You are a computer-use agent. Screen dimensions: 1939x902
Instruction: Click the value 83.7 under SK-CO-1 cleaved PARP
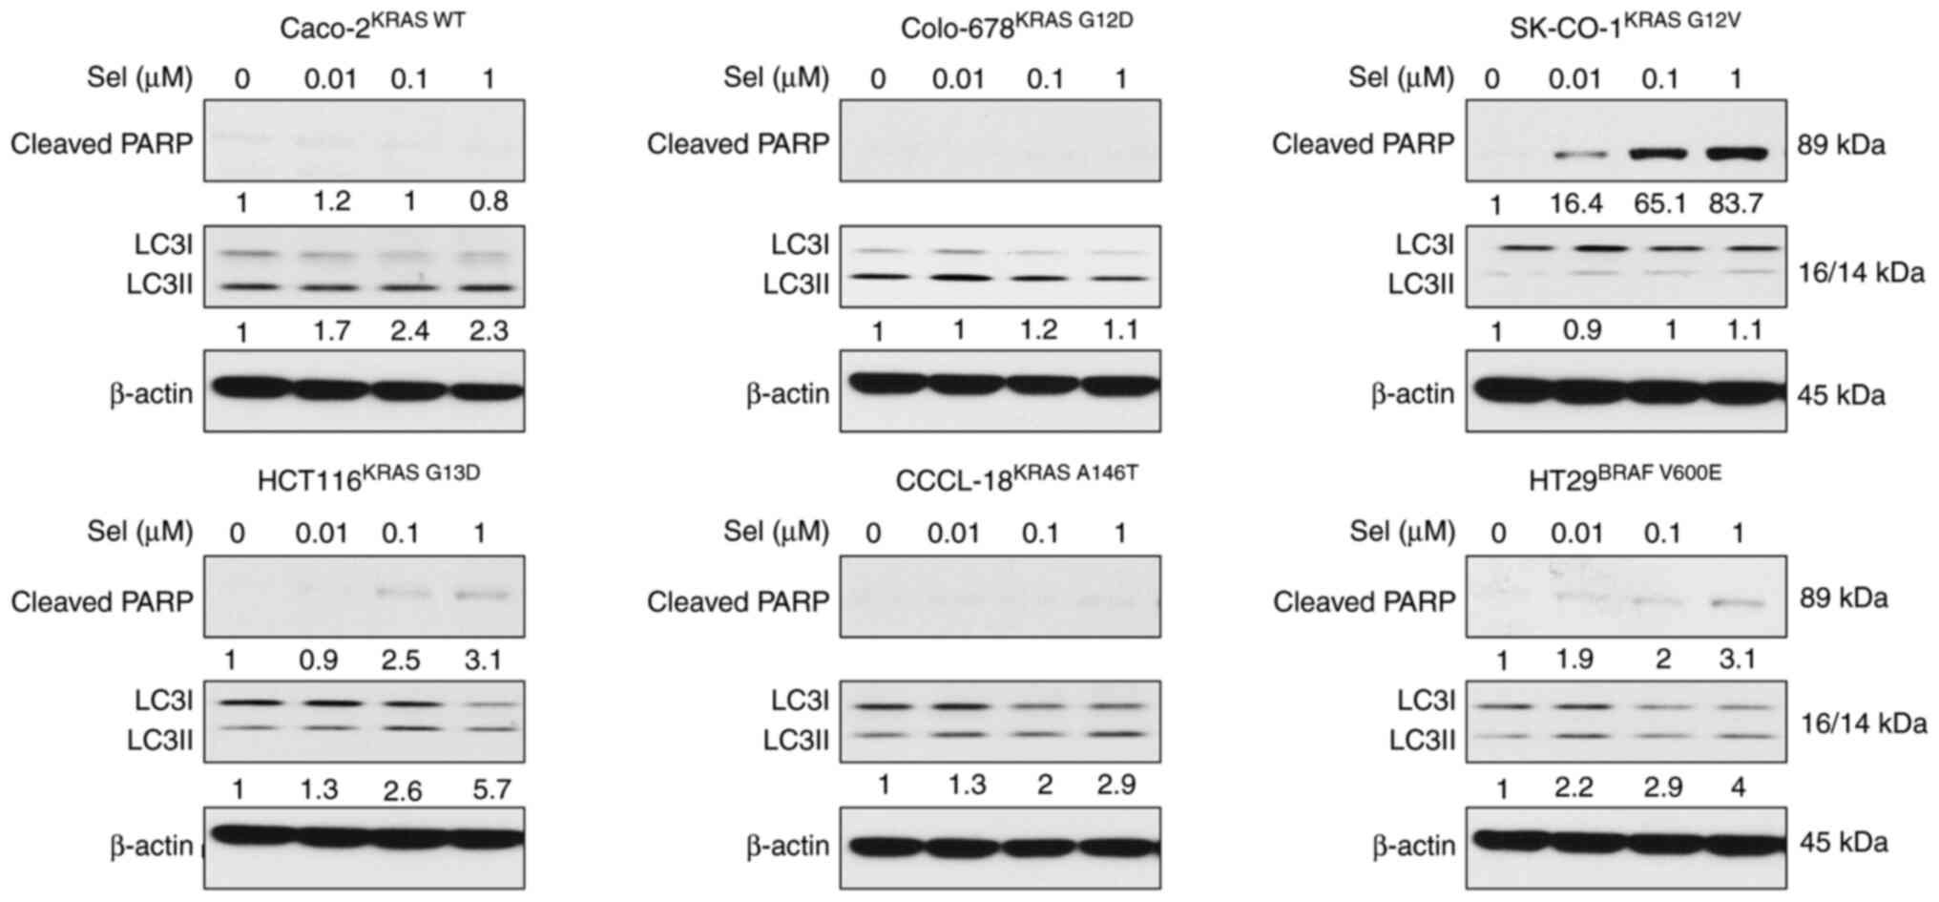click(1736, 203)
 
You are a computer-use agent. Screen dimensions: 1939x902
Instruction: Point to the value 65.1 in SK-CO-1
click(1660, 203)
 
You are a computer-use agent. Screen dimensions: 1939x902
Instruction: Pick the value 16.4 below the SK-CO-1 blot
click(1575, 203)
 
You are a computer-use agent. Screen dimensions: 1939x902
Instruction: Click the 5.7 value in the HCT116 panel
click(491, 789)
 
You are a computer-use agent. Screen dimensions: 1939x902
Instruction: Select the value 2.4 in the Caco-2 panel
click(409, 331)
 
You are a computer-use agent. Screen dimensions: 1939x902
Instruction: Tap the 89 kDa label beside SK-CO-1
click(1842, 146)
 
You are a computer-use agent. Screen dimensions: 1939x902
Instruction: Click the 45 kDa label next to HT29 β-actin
click(1844, 843)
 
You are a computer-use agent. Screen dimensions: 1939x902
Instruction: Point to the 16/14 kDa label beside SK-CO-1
click(1862, 273)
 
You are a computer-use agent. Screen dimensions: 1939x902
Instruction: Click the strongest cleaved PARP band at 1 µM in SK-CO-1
click(1736, 152)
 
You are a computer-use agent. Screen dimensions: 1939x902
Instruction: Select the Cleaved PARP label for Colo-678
click(738, 144)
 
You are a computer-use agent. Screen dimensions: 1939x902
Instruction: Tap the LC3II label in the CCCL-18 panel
click(796, 740)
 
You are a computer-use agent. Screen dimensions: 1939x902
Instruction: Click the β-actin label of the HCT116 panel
click(151, 846)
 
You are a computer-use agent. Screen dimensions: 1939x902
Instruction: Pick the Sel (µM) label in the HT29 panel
click(1402, 532)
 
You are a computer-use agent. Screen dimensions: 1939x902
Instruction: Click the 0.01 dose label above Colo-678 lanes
click(958, 78)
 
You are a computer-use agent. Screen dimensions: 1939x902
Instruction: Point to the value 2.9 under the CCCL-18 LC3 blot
click(1115, 786)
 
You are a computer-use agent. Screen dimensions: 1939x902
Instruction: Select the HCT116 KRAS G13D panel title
click(368, 478)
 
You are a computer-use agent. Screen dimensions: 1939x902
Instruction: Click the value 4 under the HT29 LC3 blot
click(1738, 788)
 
